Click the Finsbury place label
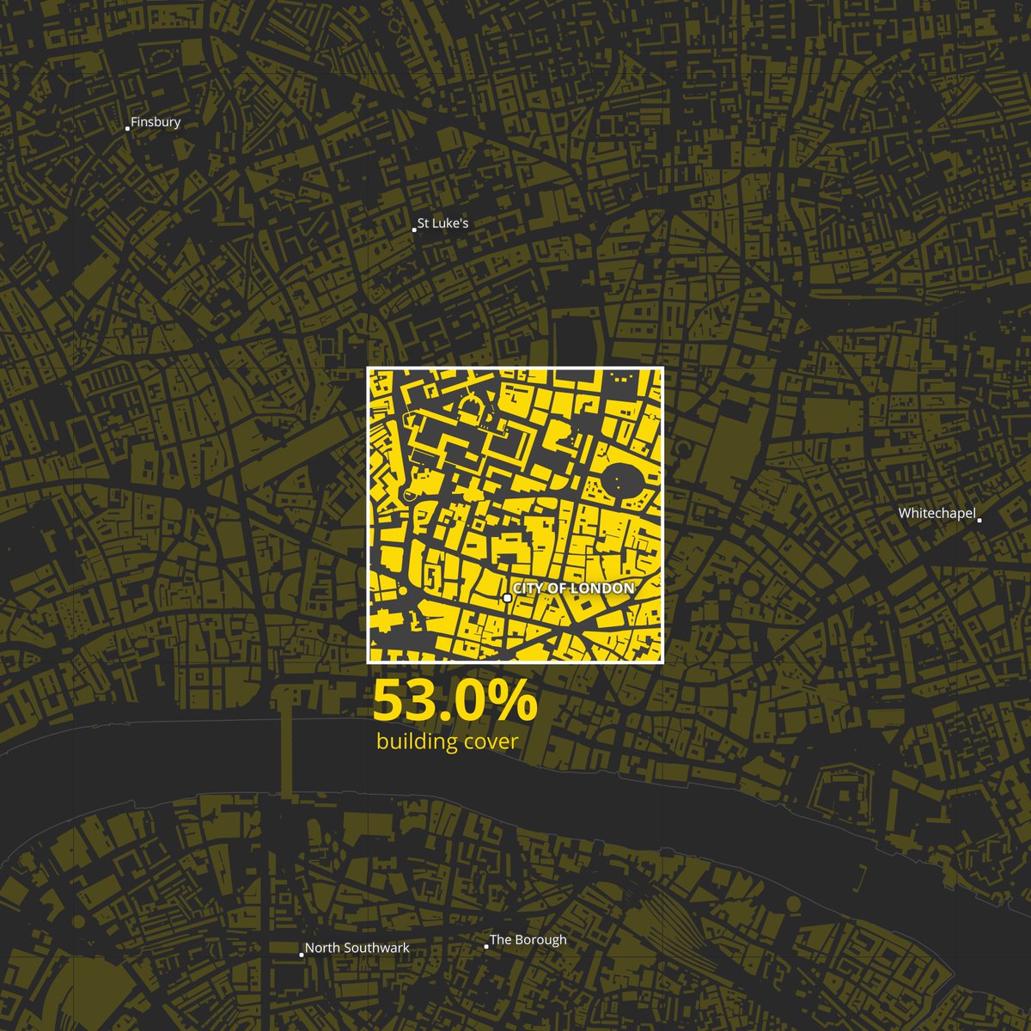pyautogui.click(x=156, y=122)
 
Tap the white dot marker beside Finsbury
pyautogui.click(x=127, y=128)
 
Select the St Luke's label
pyautogui.click(x=442, y=223)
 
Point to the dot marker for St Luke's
pyautogui.click(x=413, y=229)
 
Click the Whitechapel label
pyautogui.click(x=936, y=514)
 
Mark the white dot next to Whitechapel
pyautogui.click(x=979, y=520)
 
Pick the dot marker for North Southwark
pyautogui.click(x=301, y=954)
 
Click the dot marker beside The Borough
pyautogui.click(x=486, y=946)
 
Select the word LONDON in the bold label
pyautogui.click(x=602, y=589)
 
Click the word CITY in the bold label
pyautogui.click(x=529, y=589)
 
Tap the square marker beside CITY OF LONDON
pyautogui.click(x=508, y=597)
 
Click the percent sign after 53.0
pyautogui.click(x=515, y=702)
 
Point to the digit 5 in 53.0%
pyautogui.click(x=388, y=702)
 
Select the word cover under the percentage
pyautogui.click(x=490, y=741)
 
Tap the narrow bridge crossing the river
pyautogui.click(x=285, y=756)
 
